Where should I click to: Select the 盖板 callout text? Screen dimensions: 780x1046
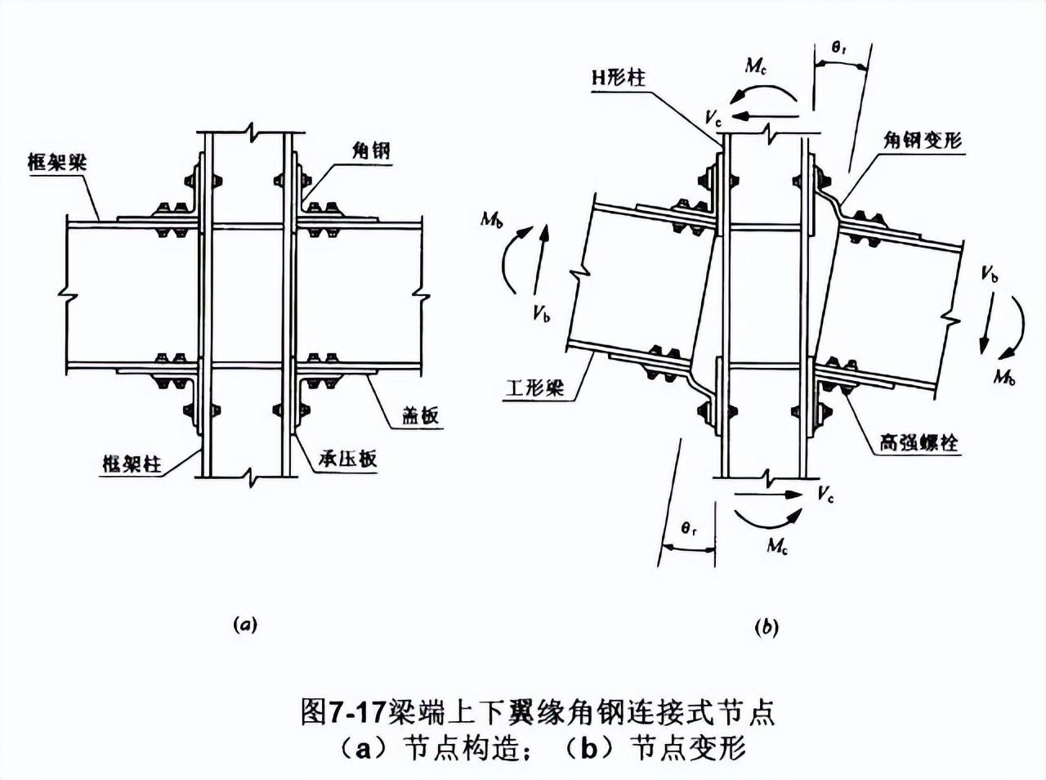[420, 415]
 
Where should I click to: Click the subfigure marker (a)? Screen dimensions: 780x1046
[245, 625]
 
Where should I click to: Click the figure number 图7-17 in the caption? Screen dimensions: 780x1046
[342, 711]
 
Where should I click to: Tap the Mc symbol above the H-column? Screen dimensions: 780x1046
[756, 66]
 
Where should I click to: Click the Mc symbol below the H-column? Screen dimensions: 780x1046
[777, 545]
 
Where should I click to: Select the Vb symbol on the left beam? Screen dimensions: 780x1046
[540, 315]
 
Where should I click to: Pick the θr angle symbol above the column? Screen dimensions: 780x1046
[839, 48]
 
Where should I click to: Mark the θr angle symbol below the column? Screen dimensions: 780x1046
[690, 530]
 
